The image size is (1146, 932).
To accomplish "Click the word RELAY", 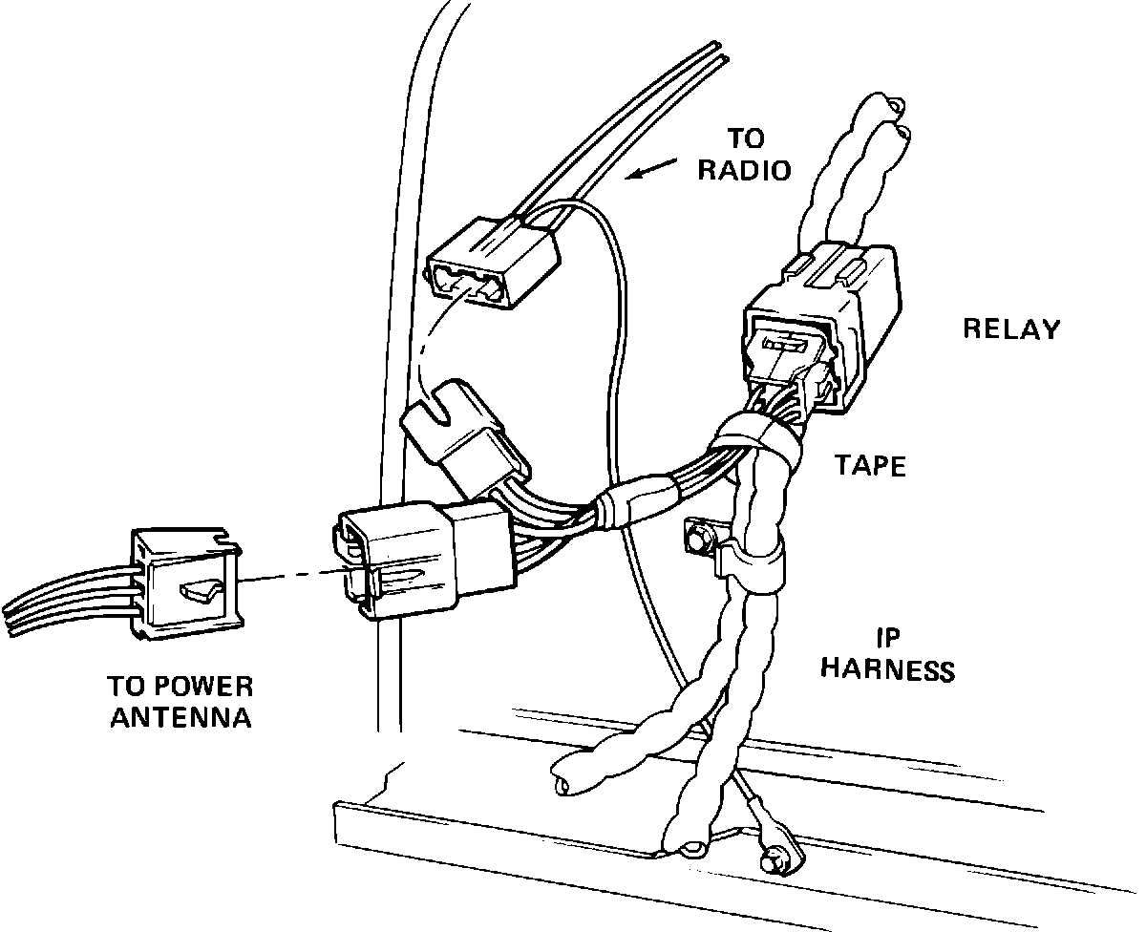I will tap(1011, 329).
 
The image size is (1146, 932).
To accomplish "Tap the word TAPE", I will tap(870, 465).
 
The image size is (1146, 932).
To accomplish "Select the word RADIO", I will tap(744, 170).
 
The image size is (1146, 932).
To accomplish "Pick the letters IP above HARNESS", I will tap(889, 637).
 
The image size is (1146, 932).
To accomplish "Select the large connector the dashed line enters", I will tap(420, 559).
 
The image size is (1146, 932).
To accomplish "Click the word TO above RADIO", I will tap(745, 139).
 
